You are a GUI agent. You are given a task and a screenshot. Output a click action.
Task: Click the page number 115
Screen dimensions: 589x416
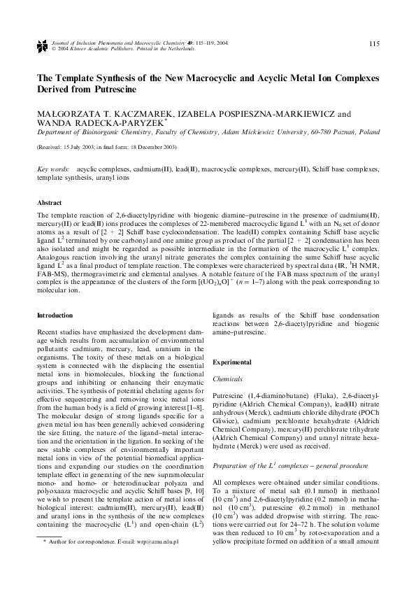[x=374, y=44]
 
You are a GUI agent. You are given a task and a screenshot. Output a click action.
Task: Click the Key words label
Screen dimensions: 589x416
[x=52, y=169]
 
